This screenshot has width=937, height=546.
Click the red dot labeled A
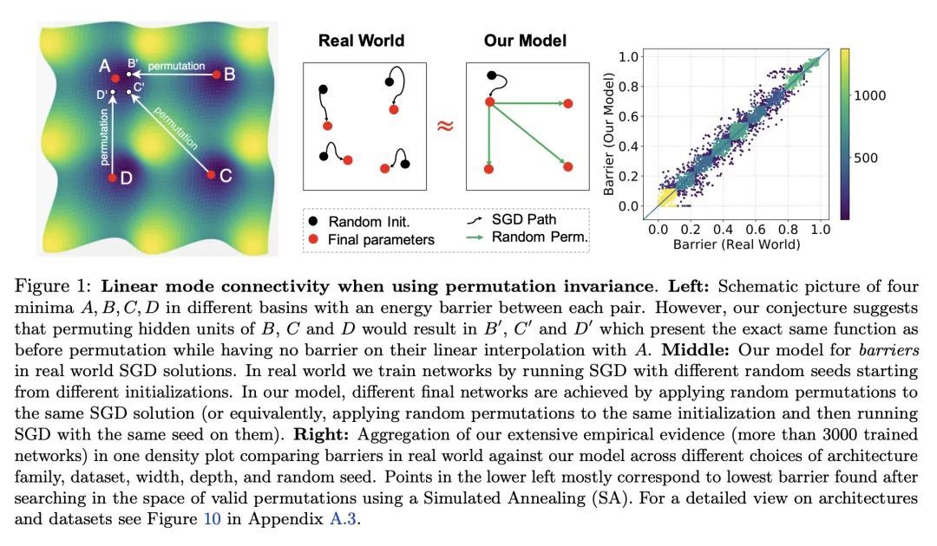pyautogui.click(x=115, y=78)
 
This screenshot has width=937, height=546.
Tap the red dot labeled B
pyautogui.click(x=206, y=75)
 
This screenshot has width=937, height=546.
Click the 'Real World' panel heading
pyautogui.click(x=361, y=40)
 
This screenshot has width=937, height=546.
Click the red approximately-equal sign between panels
pyautogui.click(x=445, y=126)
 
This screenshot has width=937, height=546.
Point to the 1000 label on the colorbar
pyautogui.click(x=882, y=98)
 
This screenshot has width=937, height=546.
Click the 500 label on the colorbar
pyautogui.click(x=878, y=158)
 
